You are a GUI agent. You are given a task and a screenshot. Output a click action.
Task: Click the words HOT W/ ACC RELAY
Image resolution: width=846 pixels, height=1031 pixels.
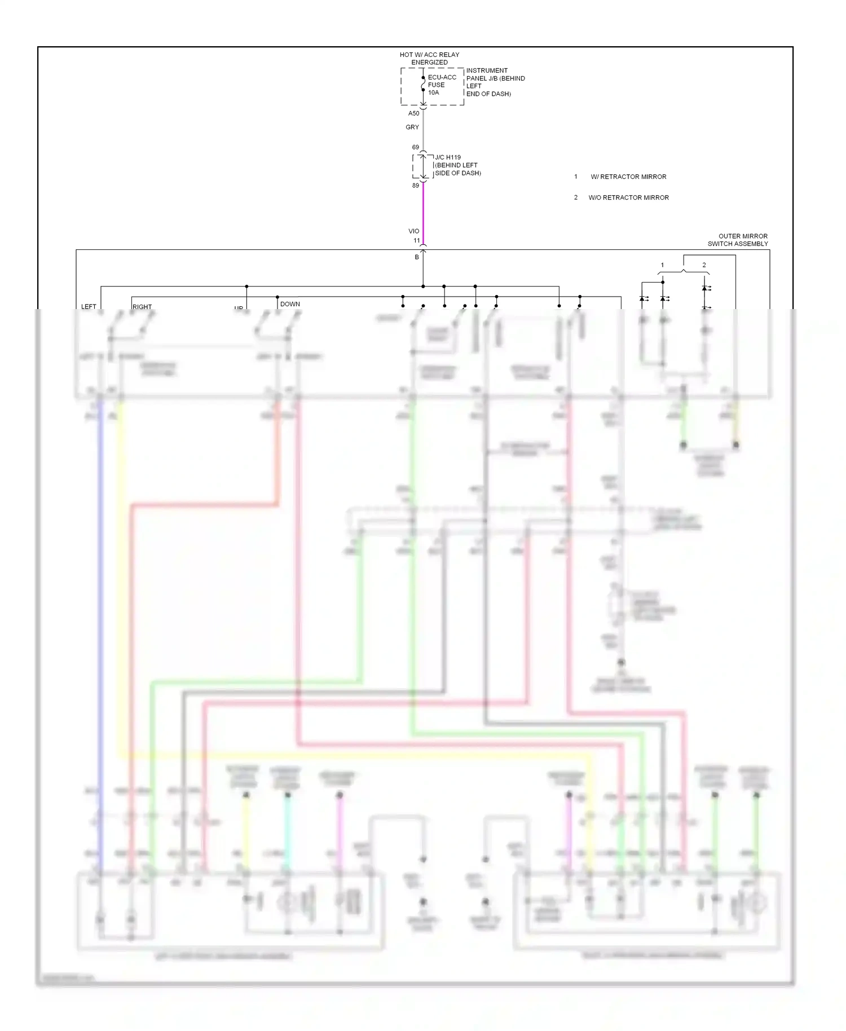tap(429, 55)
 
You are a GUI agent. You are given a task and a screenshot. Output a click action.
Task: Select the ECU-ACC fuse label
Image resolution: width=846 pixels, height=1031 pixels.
tap(442, 77)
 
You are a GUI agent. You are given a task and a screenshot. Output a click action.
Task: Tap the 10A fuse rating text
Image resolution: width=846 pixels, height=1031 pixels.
tap(433, 92)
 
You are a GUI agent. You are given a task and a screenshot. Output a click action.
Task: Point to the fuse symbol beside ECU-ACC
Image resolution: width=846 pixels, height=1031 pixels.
tap(423, 84)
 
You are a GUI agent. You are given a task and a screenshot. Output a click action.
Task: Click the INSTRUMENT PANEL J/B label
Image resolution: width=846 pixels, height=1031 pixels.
tap(487, 71)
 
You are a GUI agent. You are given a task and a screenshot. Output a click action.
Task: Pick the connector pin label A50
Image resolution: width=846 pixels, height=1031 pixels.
tap(414, 113)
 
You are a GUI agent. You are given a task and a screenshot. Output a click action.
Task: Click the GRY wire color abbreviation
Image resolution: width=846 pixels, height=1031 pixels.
tap(412, 127)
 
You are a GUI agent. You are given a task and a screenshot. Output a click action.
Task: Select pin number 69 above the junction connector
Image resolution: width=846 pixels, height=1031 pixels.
tap(416, 147)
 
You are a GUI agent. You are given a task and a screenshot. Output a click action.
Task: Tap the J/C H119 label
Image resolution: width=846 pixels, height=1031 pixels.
tap(448, 157)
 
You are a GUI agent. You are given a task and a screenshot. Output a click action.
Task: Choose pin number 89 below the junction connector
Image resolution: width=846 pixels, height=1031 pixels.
tap(416, 186)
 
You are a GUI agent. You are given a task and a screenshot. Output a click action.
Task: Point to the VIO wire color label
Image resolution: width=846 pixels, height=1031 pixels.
tap(414, 231)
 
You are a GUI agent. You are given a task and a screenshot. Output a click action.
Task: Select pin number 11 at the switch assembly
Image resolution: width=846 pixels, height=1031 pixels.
tap(417, 241)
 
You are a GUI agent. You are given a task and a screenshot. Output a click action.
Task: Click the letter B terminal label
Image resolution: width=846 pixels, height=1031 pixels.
tap(417, 257)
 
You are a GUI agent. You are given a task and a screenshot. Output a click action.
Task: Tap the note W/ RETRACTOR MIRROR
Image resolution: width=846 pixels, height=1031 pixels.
tap(628, 177)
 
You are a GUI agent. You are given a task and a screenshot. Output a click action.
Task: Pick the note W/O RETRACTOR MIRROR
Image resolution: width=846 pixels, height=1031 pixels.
tap(628, 198)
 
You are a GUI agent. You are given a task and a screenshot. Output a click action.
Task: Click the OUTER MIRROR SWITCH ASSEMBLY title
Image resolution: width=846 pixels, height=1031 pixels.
tap(738, 240)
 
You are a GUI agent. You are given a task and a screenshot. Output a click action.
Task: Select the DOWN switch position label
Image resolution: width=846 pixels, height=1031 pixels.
tap(290, 304)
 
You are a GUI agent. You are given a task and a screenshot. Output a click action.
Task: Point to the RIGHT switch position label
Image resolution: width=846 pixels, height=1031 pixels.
tap(142, 307)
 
